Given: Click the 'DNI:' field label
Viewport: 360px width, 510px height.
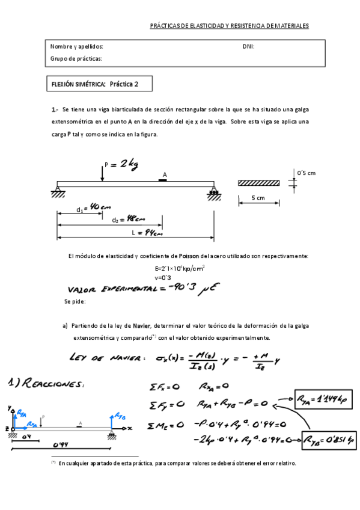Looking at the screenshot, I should point(248,46).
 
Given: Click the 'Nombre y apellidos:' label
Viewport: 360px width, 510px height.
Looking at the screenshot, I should point(76,46).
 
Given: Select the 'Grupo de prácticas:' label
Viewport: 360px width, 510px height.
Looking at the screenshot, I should point(76,58).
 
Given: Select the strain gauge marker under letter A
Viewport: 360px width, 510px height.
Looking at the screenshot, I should point(163,179).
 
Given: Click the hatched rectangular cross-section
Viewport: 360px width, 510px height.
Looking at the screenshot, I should point(259,183).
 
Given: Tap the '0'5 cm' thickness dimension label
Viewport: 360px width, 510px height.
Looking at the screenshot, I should point(306,173).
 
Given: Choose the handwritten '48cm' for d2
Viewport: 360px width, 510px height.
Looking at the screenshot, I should point(134,219).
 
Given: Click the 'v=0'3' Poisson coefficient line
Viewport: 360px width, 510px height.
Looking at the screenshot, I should point(163,277).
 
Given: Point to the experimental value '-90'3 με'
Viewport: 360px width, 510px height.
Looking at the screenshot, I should point(193,287).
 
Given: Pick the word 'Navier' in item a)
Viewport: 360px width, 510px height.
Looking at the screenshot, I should point(141,326).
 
